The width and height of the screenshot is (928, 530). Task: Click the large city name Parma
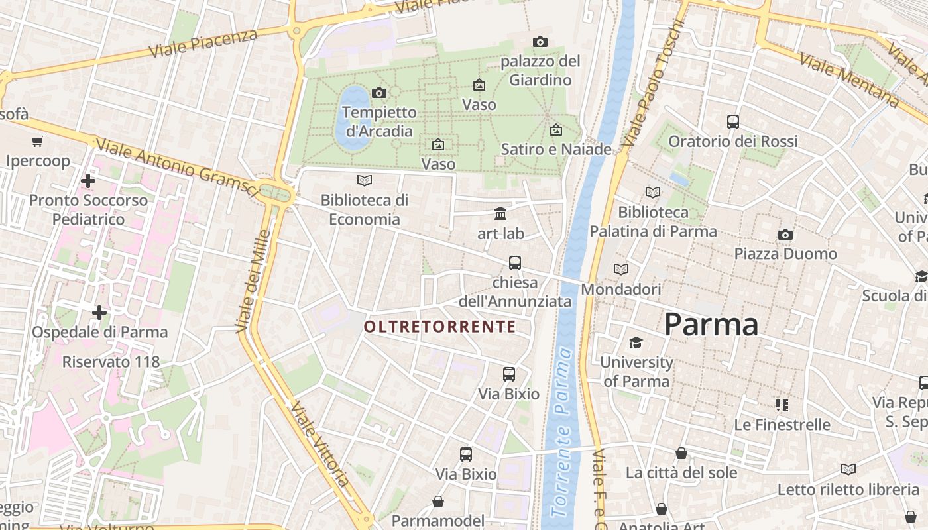click(x=711, y=325)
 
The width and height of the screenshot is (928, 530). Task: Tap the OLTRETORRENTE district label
click(x=439, y=327)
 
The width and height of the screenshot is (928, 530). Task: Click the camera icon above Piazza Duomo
click(x=785, y=235)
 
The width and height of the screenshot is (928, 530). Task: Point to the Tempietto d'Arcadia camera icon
click(x=379, y=93)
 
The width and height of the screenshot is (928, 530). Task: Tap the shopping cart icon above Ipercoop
click(x=38, y=141)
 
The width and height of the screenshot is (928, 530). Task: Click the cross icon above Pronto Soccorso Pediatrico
click(x=87, y=180)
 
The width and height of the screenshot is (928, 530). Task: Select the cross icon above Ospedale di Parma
click(x=99, y=312)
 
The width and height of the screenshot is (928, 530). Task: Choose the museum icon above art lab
click(x=500, y=214)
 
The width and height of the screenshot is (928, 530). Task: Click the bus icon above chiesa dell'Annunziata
click(x=515, y=263)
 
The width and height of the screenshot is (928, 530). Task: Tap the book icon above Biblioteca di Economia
click(x=364, y=180)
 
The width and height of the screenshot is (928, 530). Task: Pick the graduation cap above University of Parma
click(x=636, y=343)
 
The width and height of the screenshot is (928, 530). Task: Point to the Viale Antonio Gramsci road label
click(x=176, y=166)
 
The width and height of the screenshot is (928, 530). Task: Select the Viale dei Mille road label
click(x=253, y=281)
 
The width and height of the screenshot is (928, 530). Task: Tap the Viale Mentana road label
click(x=849, y=79)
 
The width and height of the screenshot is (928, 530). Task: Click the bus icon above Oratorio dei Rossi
click(x=732, y=122)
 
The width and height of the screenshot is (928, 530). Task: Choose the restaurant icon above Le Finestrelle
click(x=782, y=405)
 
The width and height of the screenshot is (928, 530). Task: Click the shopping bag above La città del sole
click(x=681, y=453)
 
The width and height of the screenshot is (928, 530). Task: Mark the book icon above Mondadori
click(x=621, y=270)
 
